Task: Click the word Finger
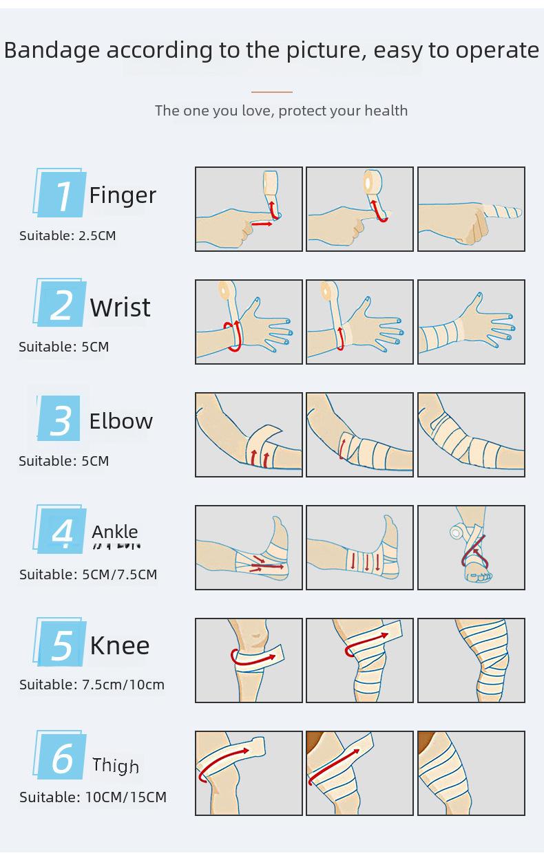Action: click(x=123, y=196)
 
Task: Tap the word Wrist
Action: click(x=120, y=308)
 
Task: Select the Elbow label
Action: click(x=121, y=421)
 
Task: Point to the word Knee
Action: click(x=119, y=646)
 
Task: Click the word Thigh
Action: click(x=116, y=766)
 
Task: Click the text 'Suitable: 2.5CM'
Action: click(x=67, y=236)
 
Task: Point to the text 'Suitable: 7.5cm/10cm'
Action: click(x=92, y=685)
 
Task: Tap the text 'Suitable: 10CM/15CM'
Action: click(x=93, y=797)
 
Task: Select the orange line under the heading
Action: click(x=272, y=92)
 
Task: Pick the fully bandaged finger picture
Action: click(x=471, y=209)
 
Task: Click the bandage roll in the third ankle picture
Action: click(x=455, y=532)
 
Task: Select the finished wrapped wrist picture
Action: click(x=471, y=322)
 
